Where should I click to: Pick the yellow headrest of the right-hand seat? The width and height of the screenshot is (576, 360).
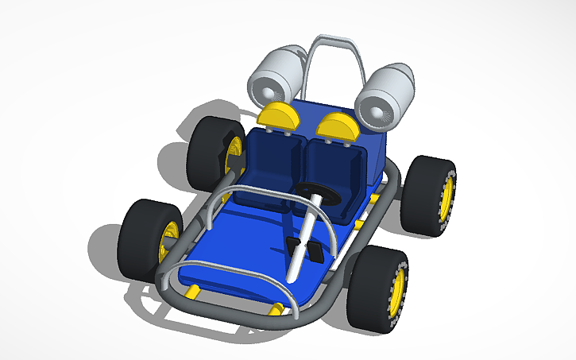[x=339, y=126]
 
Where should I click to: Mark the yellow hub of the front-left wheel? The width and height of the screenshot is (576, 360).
[x=168, y=242]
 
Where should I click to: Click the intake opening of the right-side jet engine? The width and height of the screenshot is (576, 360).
[x=373, y=110]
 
